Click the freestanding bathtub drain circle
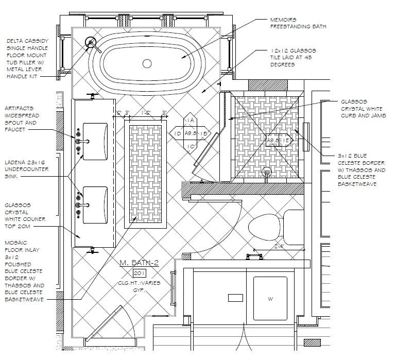pyautogui.click(x=147, y=63)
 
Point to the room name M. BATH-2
pyautogui.click(x=139, y=263)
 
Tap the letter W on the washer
pyautogui.click(x=270, y=298)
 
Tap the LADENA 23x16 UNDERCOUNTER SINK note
pyautogui.click(x=26, y=168)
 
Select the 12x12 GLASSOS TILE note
pyautogui.click(x=292, y=58)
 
